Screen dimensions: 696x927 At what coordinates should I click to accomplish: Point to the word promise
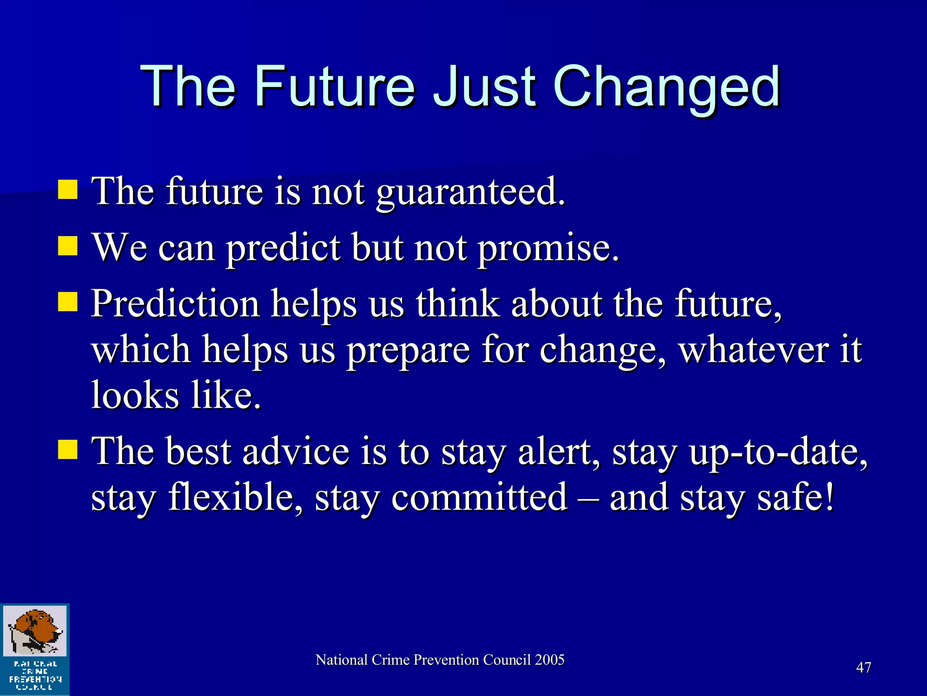[x=548, y=248]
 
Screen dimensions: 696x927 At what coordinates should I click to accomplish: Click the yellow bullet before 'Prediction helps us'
[x=68, y=302]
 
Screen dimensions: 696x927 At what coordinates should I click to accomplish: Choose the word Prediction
[x=175, y=304]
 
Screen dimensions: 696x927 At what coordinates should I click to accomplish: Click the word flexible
[x=235, y=497]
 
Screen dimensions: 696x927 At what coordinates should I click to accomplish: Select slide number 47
[x=863, y=667]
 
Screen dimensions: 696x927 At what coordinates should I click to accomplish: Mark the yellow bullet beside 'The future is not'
[x=68, y=190]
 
